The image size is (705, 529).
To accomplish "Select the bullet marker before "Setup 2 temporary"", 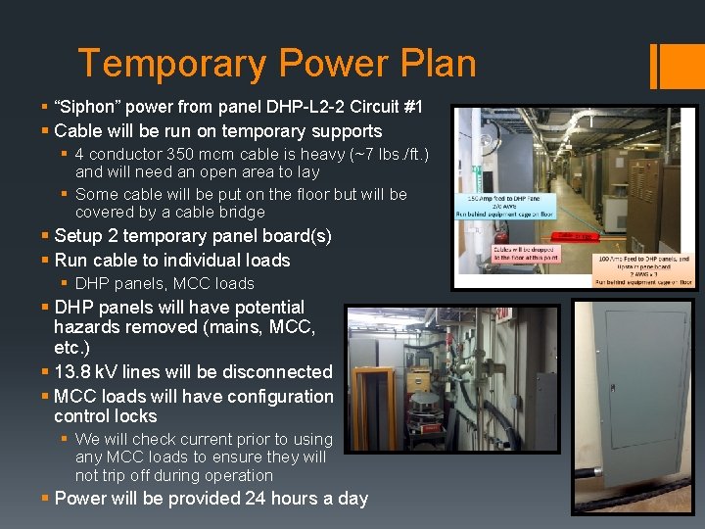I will [x=46, y=236].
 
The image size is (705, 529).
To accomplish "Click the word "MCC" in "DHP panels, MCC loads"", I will [x=184, y=283].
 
